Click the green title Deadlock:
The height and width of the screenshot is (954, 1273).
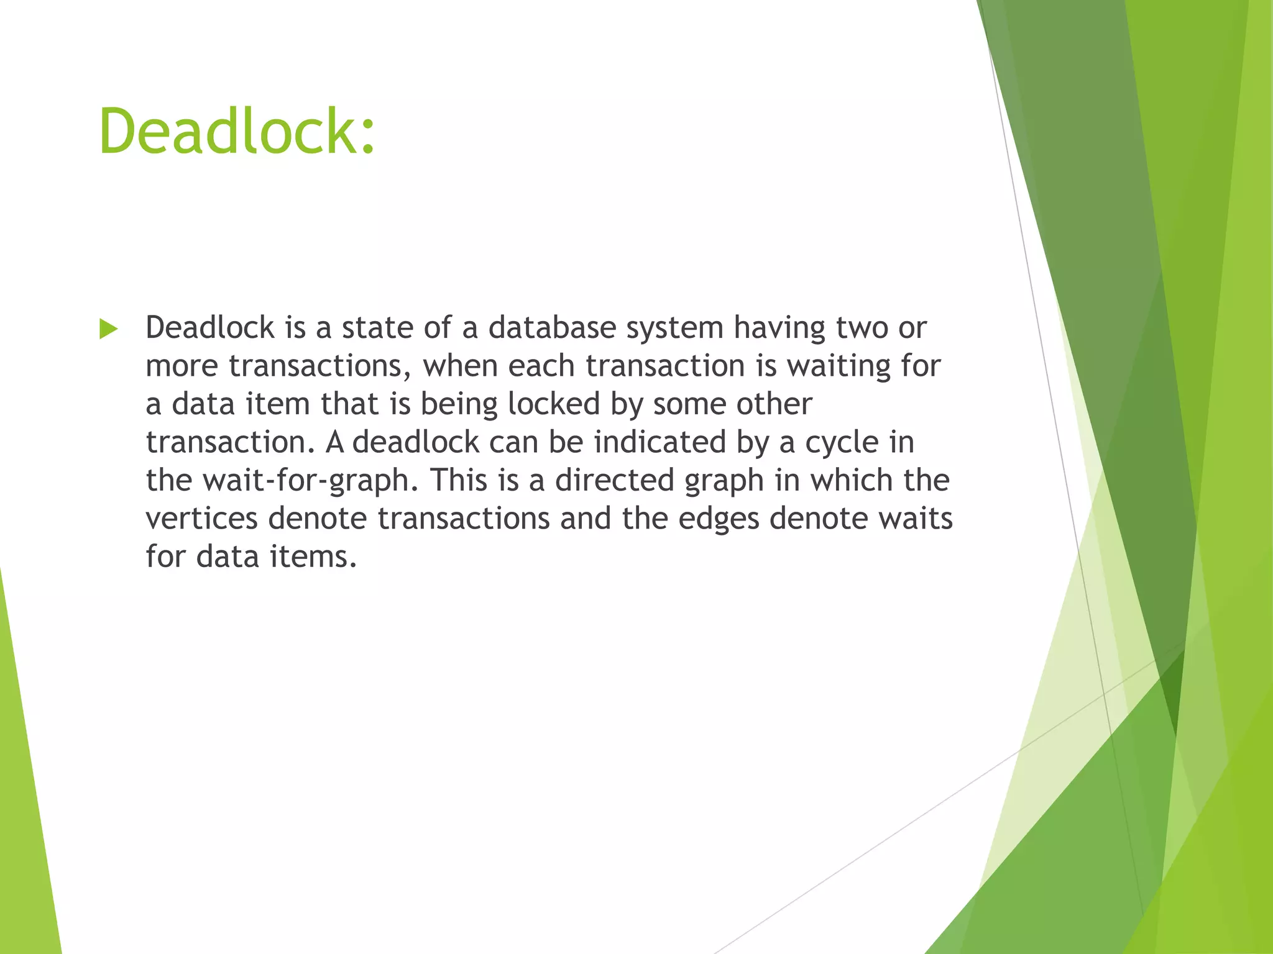(x=237, y=131)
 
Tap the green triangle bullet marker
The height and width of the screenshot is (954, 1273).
(x=108, y=329)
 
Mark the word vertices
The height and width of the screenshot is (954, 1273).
(x=201, y=518)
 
